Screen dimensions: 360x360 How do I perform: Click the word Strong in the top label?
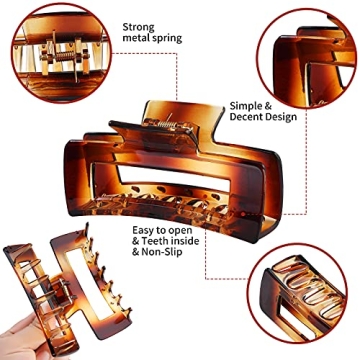tap(138, 28)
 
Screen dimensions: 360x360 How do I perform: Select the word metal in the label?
tap(137, 44)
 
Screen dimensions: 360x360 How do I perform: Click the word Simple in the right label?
tap(245, 103)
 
